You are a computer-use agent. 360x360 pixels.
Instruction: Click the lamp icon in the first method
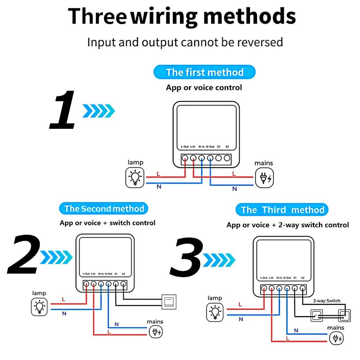tap(136, 178)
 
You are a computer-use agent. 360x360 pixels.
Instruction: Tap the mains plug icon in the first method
tap(265, 178)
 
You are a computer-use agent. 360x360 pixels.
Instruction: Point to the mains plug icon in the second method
tap(156, 332)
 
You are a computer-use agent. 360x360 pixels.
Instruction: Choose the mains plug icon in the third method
tap(336, 338)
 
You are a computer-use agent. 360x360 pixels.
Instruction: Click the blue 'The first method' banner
tap(204, 72)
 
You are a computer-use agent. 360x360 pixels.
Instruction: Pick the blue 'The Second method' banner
tap(104, 209)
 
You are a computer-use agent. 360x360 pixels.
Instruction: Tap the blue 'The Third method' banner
tap(282, 210)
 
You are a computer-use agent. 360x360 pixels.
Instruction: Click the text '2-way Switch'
tap(326, 301)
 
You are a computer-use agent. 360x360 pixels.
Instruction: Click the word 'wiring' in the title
tap(165, 16)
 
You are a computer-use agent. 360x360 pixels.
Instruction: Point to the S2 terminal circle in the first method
tap(227, 158)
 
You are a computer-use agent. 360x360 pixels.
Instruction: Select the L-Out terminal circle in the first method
tap(185, 158)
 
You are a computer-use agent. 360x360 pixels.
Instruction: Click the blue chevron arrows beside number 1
tap(98, 111)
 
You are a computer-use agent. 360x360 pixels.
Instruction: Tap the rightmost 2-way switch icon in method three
tap(344, 316)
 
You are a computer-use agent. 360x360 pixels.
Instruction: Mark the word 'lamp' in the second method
tap(39, 293)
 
